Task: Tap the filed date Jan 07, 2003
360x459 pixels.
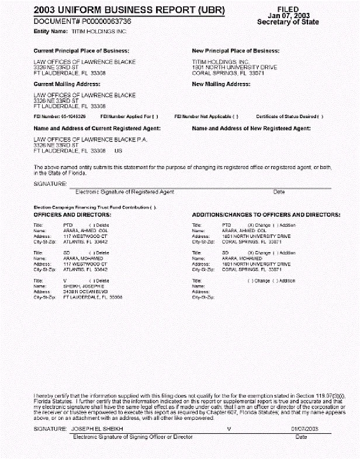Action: point(288,15)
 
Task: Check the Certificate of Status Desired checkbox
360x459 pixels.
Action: point(321,116)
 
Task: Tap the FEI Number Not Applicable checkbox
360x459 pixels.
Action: point(236,116)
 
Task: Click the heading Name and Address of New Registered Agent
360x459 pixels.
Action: point(251,127)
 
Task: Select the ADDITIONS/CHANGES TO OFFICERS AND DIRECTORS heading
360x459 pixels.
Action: point(266,215)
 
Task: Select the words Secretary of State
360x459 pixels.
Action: point(288,22)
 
